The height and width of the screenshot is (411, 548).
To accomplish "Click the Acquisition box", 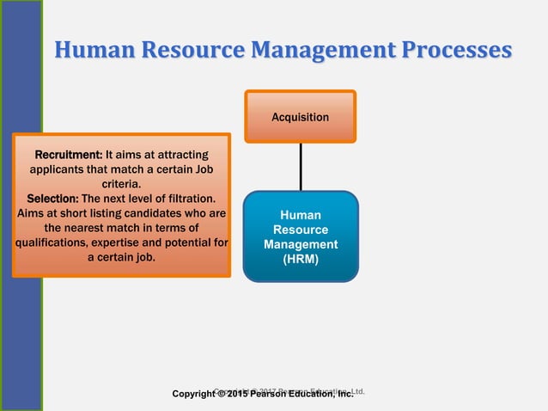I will click(x=300, y=116).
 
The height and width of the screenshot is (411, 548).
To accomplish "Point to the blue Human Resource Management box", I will click(x=300, y=236).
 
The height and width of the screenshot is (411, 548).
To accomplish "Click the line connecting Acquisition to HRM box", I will click(x=300, y=166).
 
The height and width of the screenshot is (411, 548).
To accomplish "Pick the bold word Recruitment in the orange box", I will click(x=68, y=155).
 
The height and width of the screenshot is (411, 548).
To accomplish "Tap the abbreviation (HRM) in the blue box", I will click(x=300, y=259).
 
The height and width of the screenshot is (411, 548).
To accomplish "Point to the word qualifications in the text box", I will click(x=56, y=242).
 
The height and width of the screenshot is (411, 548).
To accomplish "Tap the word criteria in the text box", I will click(x=121, y=183).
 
